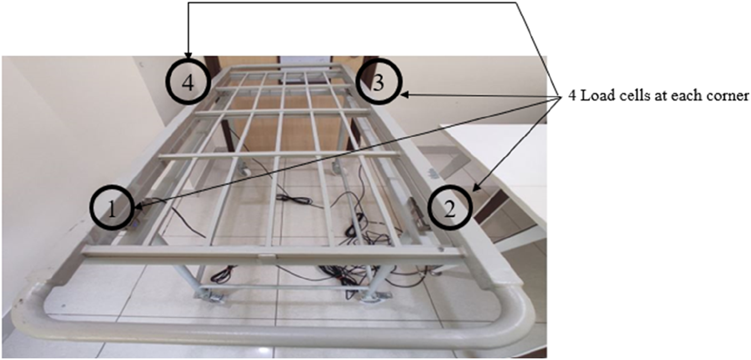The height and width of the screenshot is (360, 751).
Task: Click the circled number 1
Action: tap(112, 209)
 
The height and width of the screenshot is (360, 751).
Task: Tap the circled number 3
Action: tap(379, 84)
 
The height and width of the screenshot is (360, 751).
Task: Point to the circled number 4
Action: tap(188, 84)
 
